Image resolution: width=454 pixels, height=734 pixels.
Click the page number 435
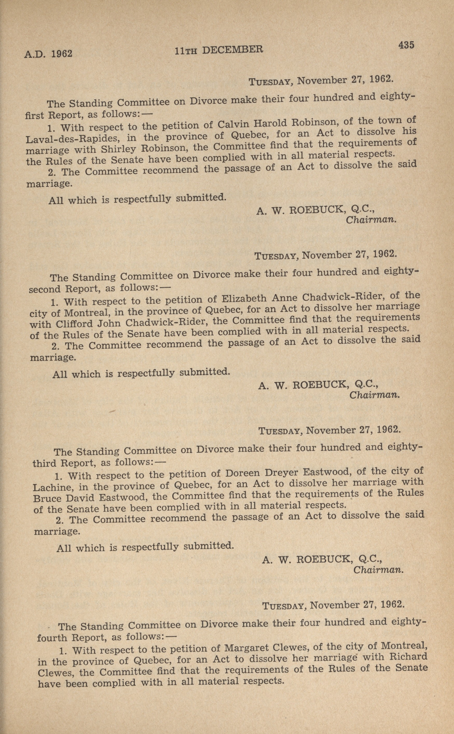(406, 45)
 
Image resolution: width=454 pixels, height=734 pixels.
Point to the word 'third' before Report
(44, 463)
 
